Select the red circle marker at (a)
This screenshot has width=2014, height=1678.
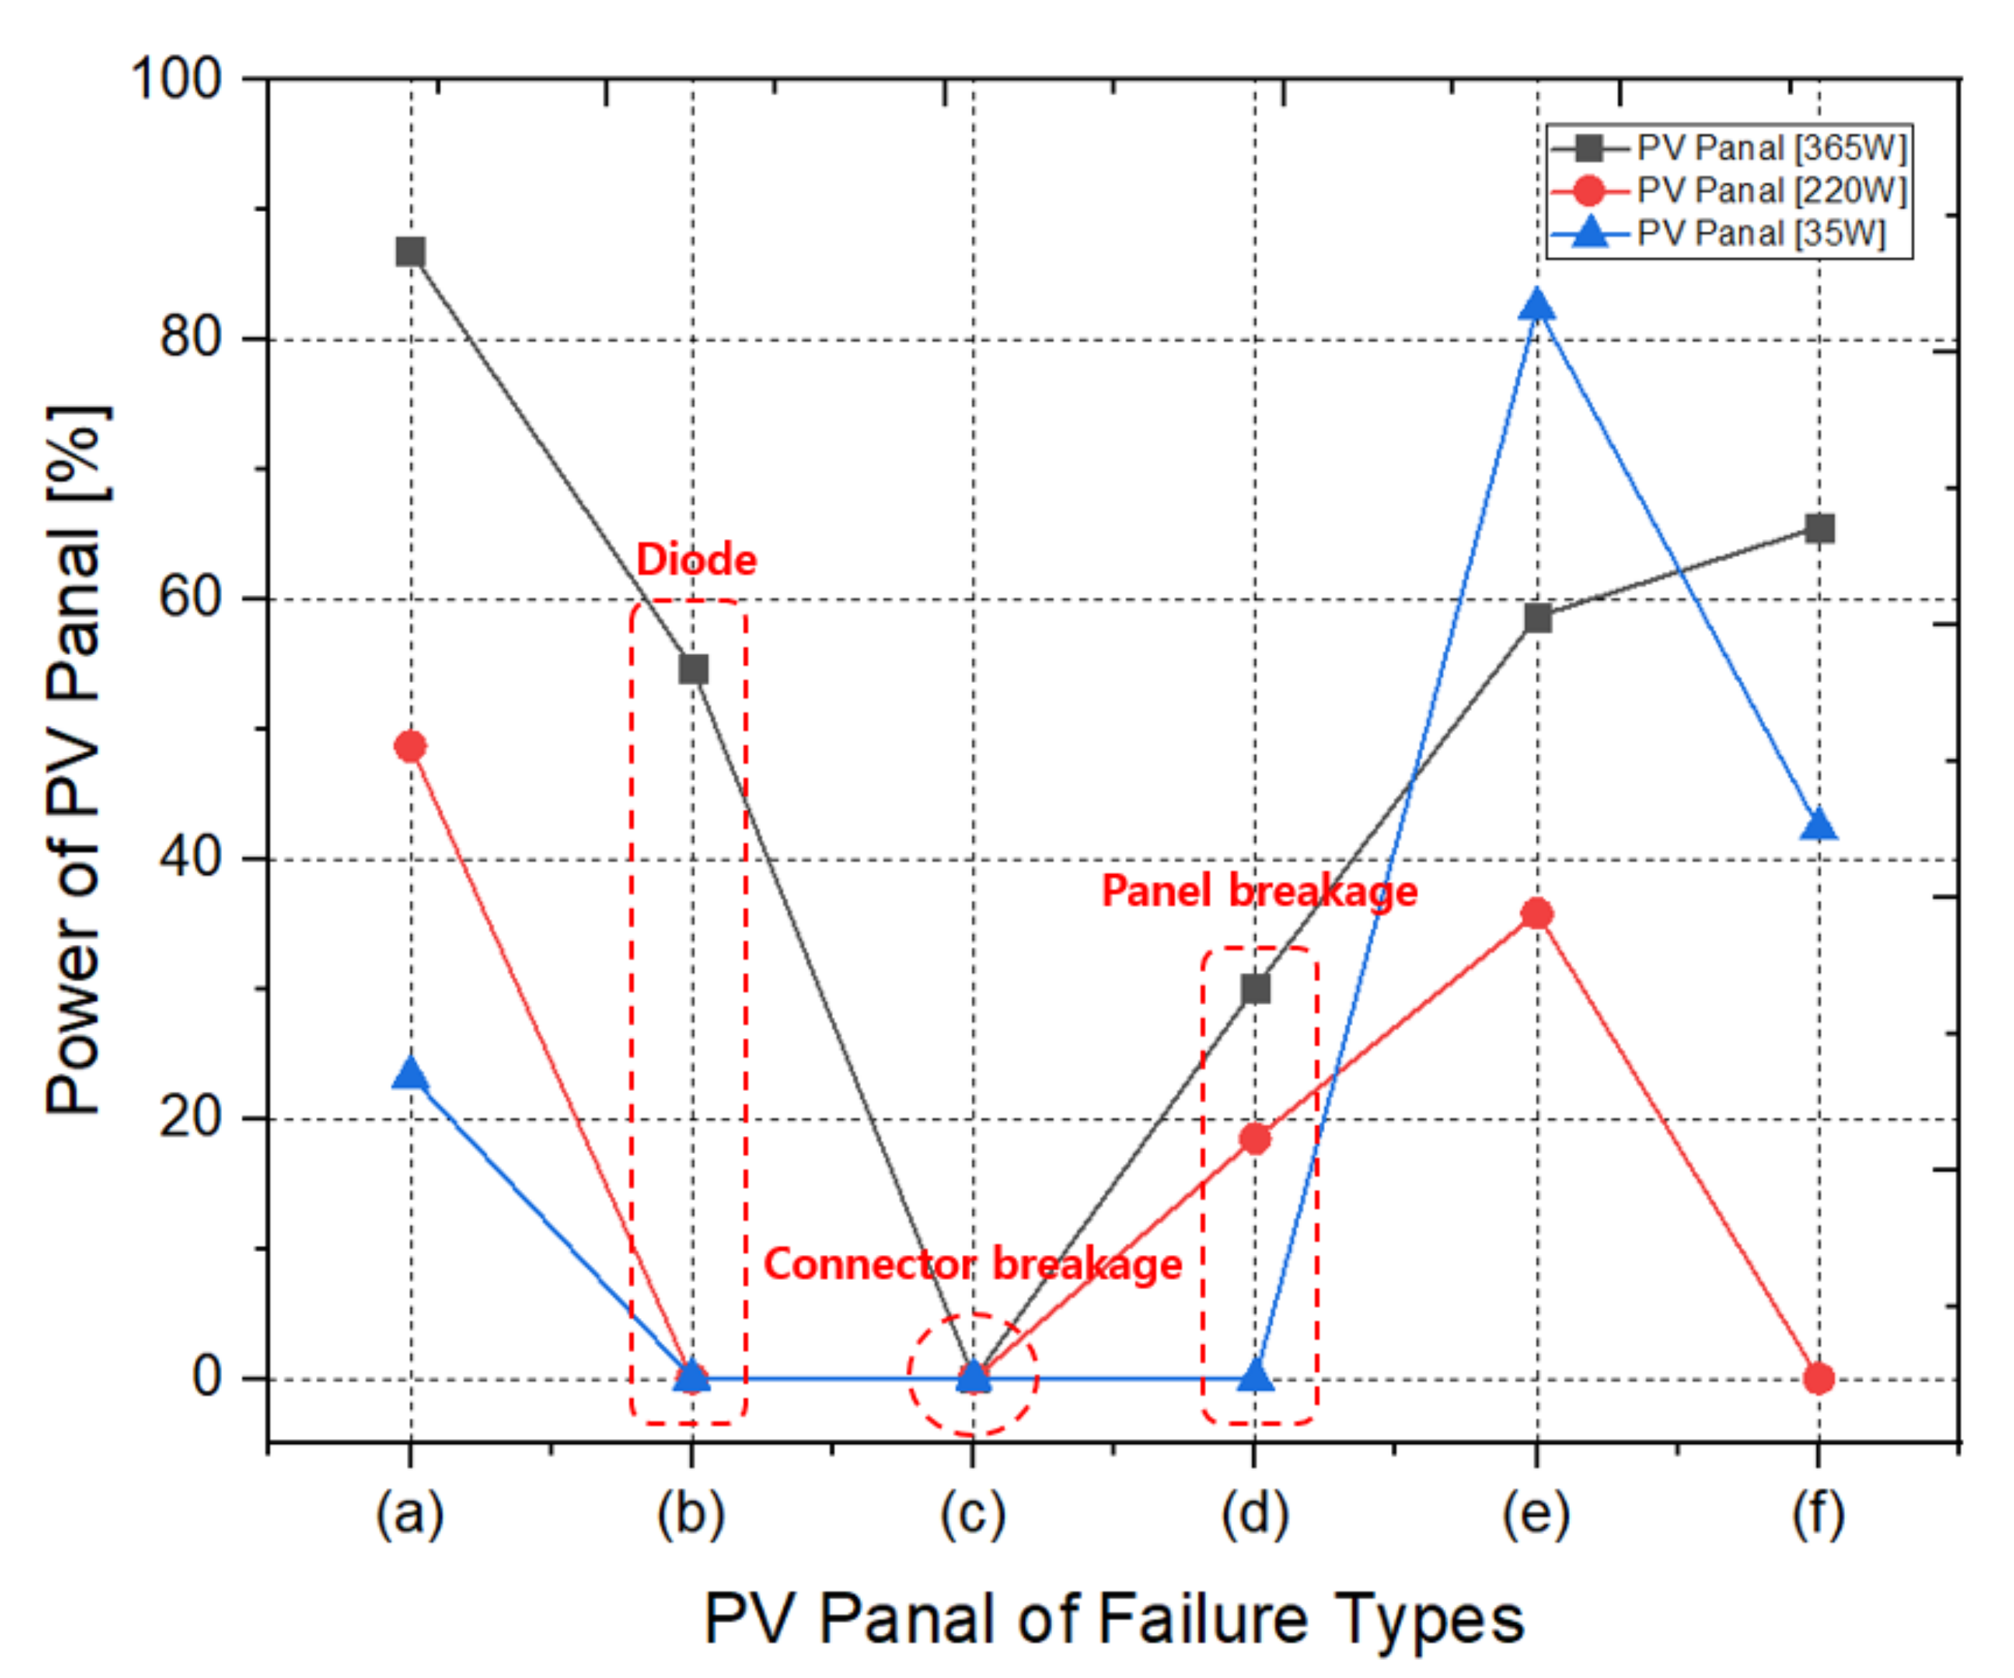[410, 746]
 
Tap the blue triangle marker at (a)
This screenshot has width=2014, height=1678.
[410, 1074]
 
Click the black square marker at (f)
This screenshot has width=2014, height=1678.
[1819, 528]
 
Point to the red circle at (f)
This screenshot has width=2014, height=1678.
[1818, 1378]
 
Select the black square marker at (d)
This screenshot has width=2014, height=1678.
[1256, 989]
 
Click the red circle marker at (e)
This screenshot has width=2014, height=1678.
[1537, 913]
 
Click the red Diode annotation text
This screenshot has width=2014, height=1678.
[696, 560]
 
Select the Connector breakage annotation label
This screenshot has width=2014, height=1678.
[973, 1264]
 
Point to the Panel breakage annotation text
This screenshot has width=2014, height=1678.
[1259, 891]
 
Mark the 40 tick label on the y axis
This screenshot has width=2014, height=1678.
[190, 856]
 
